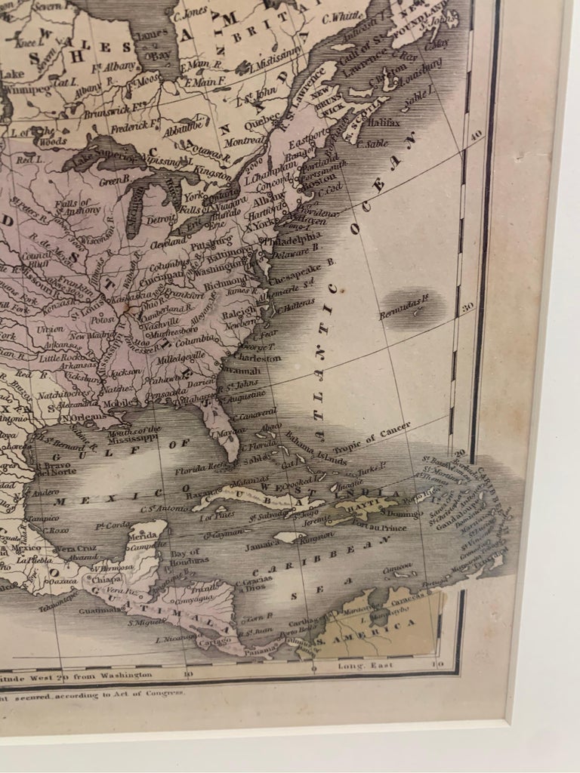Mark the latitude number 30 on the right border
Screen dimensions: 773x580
point(467,306)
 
